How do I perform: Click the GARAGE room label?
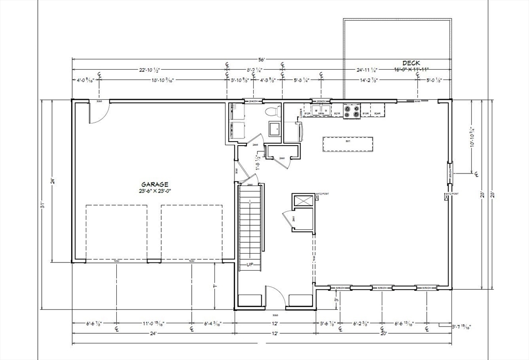coord(155,184)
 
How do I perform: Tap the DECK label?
coord(411,63)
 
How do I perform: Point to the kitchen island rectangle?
coord(348,144)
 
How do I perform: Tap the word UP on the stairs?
coord(250,264)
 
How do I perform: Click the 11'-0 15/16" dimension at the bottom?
coord(153,324)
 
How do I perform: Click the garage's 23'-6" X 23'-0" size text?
coord(155,191)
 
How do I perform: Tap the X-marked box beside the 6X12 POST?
coord(302,200)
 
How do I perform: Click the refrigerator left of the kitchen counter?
coord(292,131)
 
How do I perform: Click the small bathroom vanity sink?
coord(273,129)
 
